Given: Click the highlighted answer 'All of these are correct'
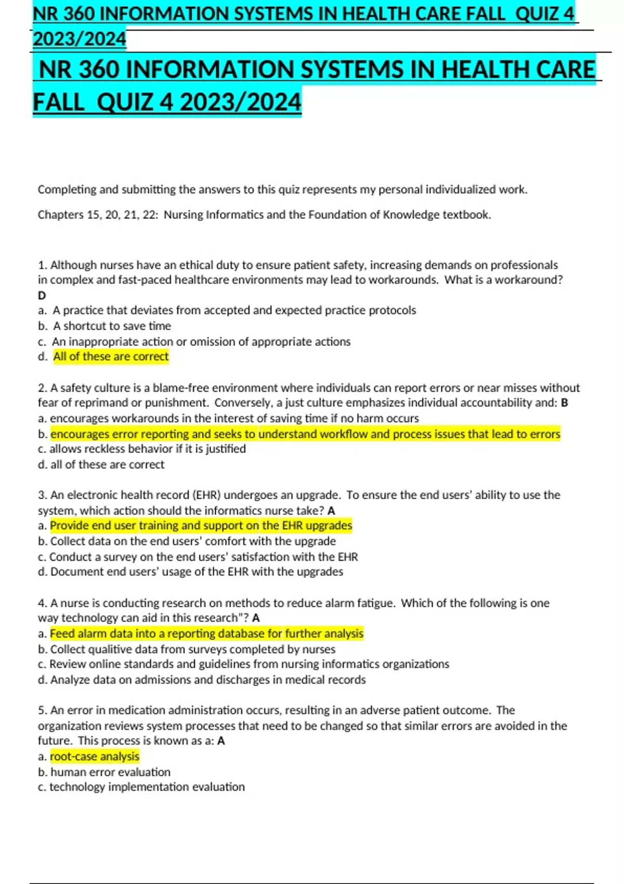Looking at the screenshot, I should tap(111, 357).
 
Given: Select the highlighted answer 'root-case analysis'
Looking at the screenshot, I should tap(95, 757).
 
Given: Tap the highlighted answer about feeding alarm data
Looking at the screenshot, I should tap(206, 633).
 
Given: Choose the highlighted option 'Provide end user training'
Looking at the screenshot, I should tap(201, 526).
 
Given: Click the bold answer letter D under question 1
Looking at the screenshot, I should tap(42, 295).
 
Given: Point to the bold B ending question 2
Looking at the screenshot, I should tap(565, 403).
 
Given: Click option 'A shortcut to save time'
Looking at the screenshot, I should tap(112, 326).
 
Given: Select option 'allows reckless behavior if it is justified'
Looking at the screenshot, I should tap(147, 449).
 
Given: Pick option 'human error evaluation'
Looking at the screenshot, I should tap(110, 772).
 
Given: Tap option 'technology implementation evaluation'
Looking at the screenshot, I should tap(147, 787).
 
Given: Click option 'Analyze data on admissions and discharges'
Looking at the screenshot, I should tap(208, 680).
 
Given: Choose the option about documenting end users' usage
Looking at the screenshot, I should tap(197, 572).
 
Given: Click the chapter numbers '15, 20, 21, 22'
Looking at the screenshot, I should tap(122, 215).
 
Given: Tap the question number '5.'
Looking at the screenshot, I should tap(43, 710).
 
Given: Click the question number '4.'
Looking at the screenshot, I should tap(43, 603).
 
